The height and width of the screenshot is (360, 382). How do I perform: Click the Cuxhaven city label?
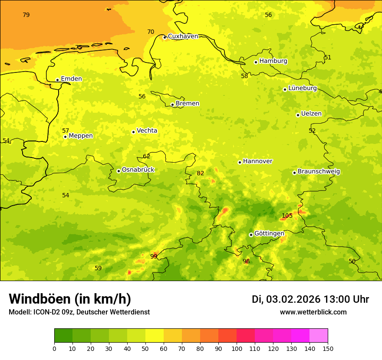click(x=183, y=36)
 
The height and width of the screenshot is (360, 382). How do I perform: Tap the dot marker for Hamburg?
click(x=256, y=62)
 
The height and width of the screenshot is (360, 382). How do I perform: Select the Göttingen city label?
click(x=269, y=233)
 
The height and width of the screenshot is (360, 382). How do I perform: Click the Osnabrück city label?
click(x=138, y=170)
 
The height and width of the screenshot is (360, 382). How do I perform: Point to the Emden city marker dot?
click(x=57, y=80)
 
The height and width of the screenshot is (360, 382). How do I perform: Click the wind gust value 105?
click(x=287, y=216)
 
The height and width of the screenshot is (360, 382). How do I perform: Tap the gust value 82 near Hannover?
click(x=201, y=173)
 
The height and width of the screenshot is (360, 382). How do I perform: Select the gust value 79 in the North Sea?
click(x=26, y=15)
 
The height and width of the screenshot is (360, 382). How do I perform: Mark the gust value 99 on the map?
click(x=154, y=256)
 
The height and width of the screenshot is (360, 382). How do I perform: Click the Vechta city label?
click(x=147, y=131)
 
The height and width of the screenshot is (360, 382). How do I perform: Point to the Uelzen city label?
click(x=311, y=114)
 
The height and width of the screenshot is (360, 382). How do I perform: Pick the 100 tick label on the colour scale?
click(x=237, y=348)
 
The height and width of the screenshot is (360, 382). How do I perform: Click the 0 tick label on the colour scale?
click(x=54, y=348)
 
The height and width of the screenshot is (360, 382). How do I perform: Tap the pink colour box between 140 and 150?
click(x=319, y=335)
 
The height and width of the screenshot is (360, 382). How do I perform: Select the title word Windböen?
click(x=40, y=299)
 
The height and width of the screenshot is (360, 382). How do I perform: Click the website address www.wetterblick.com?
click(x=313, y=312)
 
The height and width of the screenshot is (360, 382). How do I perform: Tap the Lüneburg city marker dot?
click(x=285, y=89)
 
